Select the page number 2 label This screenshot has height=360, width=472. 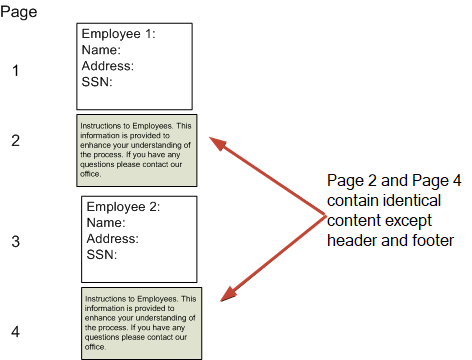(x=15, y=140)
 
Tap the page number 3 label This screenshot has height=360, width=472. (x=15, y=241)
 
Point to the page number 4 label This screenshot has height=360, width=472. (x=15, y=331)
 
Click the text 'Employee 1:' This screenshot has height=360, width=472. (x=119, y=34)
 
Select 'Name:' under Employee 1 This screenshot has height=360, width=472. (x=101, y=50)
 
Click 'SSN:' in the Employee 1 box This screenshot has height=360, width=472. (x=97, y=82)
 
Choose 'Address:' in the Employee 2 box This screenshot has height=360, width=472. (x=112, y=239)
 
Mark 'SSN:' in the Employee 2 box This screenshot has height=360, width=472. (x=101, y=255)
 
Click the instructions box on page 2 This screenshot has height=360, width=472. (x=137, y=150)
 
